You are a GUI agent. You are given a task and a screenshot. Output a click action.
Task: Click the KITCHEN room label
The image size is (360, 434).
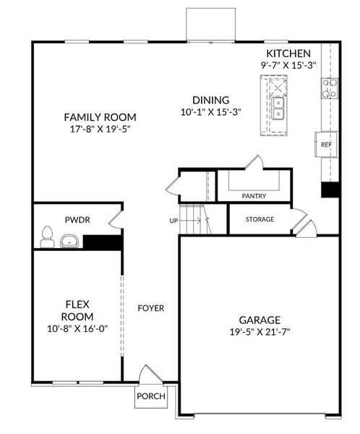pyautogui.click(x=288, y=54)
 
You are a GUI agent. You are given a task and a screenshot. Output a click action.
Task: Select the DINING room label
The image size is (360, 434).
pyautogui.click(x=210, y=101)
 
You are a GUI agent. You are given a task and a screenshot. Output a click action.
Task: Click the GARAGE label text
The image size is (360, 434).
pyautogui.click(x=260, y=320)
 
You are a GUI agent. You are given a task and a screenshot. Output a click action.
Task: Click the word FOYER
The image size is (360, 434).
pyautogui.click(x=150, y=308)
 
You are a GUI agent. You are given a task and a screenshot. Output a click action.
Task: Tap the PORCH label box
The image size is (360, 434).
pyautogui.click(x=151, y=396)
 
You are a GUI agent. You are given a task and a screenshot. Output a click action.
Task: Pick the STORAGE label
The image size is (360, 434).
pyautogui.click(x=260, y=219)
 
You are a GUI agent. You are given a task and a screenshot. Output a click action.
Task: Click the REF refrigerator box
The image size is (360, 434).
pyautogui.click(x=326, y=145)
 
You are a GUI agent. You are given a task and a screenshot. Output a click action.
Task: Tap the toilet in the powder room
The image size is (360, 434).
pyautogui.click(x=48, y=236)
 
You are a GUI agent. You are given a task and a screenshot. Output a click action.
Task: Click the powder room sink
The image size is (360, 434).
pyautogui.click(x=70, y=240)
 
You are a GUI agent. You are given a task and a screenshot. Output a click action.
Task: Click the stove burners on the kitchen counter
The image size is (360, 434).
pyautogui.click(x=330, y=88)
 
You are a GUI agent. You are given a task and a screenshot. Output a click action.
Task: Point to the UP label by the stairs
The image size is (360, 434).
pyautogui.click(x=173, y=220)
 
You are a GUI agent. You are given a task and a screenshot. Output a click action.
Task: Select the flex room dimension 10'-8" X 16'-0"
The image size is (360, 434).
pyautogui.click(x=77, y=330)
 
